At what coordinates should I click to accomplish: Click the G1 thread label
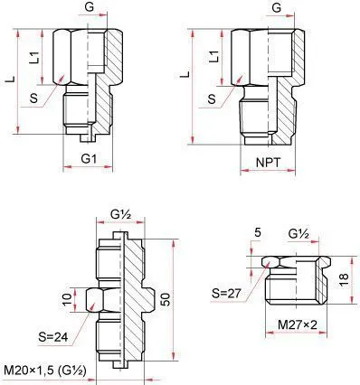[89, 159]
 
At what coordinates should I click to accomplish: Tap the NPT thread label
[268, 163]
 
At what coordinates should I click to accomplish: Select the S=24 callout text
[53, 337]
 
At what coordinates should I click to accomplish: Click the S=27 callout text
[226, 293]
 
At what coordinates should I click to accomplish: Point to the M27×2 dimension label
[298, 324]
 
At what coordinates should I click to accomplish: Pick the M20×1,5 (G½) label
[45, 370]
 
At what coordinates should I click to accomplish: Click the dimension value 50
[166, 299]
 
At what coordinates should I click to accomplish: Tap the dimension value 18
[344, 280]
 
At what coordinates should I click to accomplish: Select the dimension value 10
[68, 298]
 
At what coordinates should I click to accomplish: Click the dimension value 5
[257, 233]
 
